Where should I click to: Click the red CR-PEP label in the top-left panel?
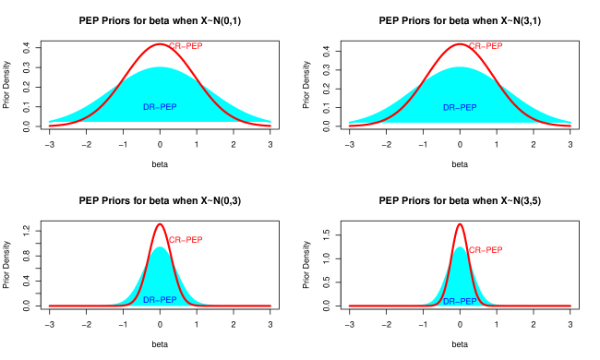click(186, 46)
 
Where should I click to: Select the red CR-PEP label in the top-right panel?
click(486, 46)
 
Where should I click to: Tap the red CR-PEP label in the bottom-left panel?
click(186, 240)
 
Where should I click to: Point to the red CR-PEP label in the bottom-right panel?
click(486, 250)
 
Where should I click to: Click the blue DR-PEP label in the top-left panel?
click(160, 107)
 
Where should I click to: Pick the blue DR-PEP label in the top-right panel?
click(460, 107)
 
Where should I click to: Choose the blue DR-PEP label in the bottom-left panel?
click(160, 300)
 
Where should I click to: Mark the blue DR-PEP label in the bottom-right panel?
click(460, 301)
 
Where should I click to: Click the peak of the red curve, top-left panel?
click(160, 43)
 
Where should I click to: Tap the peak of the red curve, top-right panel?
click(460, 43)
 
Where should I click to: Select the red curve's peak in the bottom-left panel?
click(160, 223)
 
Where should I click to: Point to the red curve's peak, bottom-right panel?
click(460, 223)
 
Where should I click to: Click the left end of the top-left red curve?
click(49, 125)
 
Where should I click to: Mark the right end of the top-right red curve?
click(570, 125)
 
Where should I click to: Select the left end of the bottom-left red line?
click(49, 306)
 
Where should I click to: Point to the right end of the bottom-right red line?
click(570, 306)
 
